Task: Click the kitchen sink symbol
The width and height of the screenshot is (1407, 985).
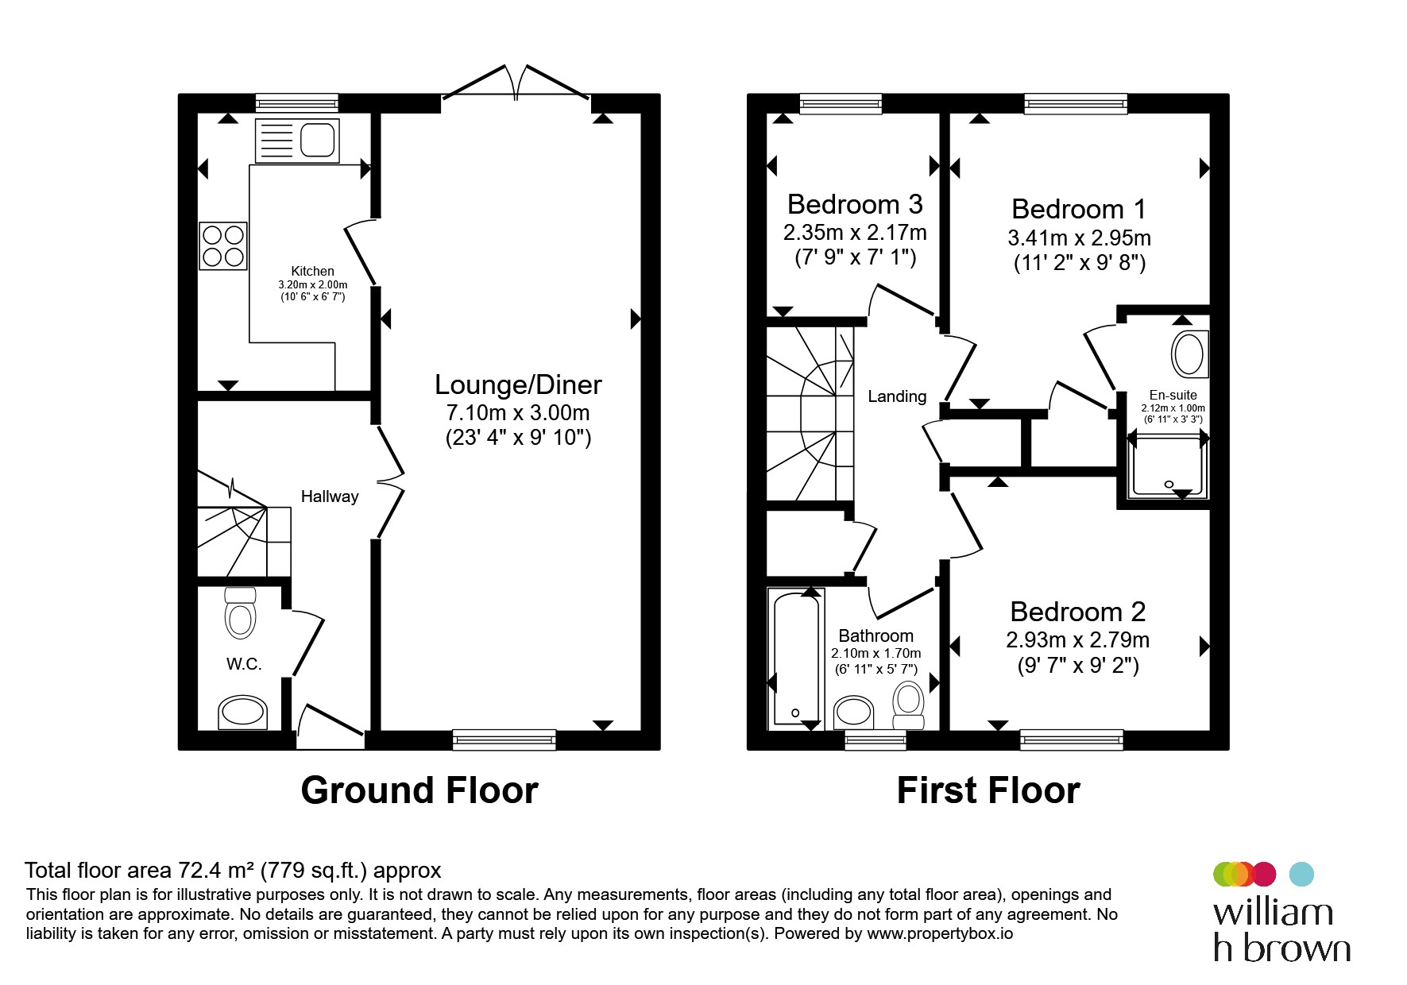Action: tap(297, 140)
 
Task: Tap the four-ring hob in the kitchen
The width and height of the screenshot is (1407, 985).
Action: tap(223, 245)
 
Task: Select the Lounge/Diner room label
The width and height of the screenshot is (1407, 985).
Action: tap(518, 384)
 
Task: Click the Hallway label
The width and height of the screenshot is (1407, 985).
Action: tap(330, 496)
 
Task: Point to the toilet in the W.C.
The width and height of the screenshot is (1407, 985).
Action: tap(240, 612)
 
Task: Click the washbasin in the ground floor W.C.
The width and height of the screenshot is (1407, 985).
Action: tap(243, 713)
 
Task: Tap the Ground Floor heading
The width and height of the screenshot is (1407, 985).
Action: tap(419, 790)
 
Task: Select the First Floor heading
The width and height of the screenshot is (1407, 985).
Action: tap(988, 790)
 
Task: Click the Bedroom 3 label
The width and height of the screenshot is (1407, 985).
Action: tap(855, 204)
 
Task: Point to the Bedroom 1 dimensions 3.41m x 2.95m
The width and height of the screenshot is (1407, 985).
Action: tap(1079, 238)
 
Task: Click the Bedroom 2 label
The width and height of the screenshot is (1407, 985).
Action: tap(1078, 612)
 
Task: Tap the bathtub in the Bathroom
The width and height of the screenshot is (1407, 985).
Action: tap(795, 659)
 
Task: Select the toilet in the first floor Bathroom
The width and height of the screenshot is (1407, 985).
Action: tap(908, 705)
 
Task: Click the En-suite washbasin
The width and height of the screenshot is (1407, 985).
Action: tap(1189, 354)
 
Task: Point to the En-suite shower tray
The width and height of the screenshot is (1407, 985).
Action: tap(1167, 465)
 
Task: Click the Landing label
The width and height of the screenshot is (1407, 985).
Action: tap(897, 396)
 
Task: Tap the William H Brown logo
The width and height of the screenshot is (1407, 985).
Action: tap(1281, 911)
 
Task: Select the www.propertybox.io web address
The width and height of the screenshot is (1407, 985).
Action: tap(940, 934)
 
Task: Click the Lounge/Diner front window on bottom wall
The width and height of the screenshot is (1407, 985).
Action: tap(504, 740)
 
